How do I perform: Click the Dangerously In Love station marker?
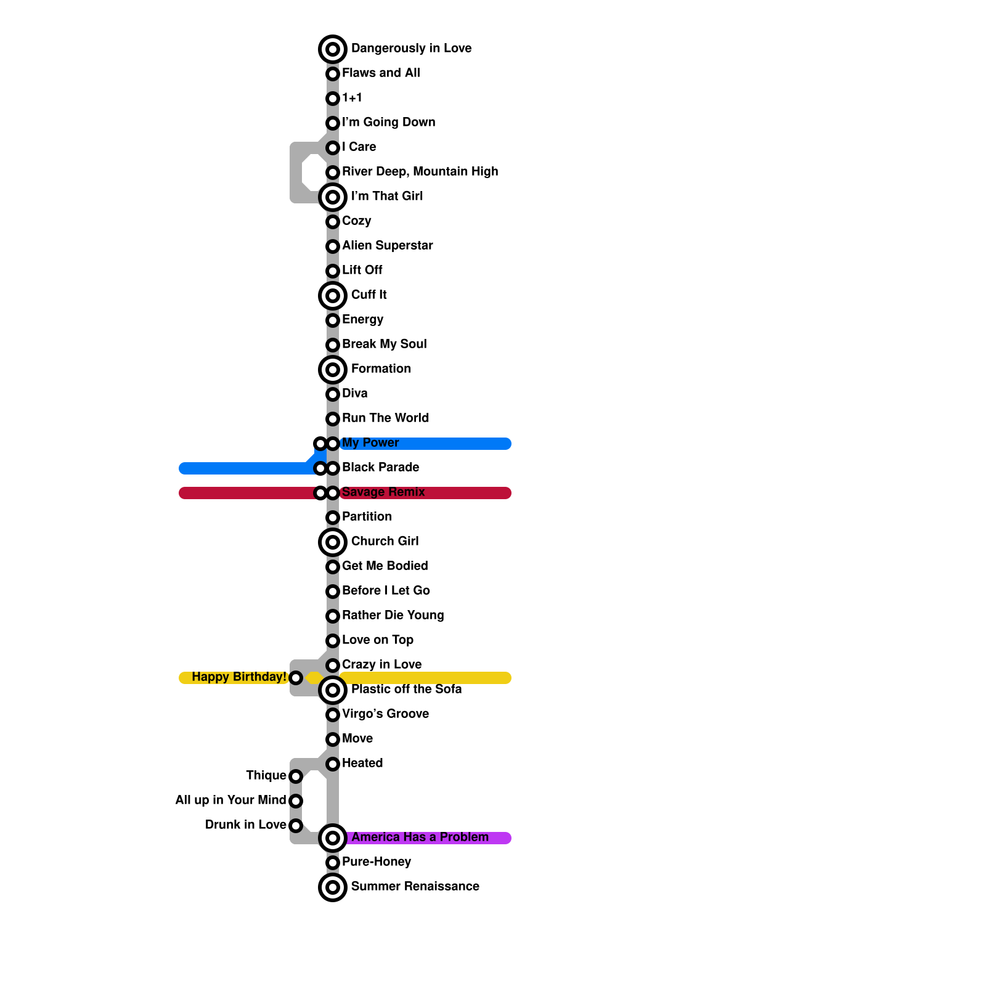click(x=333, y=49)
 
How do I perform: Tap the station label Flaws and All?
click(x=381, y=73)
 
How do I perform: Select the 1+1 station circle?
click(x=333, y=99)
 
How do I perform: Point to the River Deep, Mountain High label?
click(x=420, y=172)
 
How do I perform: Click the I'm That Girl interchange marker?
click(x=333, y=197)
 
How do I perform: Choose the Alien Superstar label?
click(x=387, y=246)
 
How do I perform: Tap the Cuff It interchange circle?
click(x=333, y=296)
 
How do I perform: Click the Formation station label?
click(x=381, y=369)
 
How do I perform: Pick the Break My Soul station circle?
click(x=333, y=345)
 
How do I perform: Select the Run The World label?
click(x=385, y=418)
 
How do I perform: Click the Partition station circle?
click(x=333, y=518)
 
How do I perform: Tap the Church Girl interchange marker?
click(x=333, y=542)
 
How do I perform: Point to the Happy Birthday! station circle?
click(x=296, y=678)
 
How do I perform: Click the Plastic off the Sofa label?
click(x=406, y=690)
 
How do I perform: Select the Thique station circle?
click(x=296, y=776)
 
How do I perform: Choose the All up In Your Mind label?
click(x=230, y=801)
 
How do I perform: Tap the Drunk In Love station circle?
click(x=296, y=826)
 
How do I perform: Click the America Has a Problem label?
click(x=420, y=837)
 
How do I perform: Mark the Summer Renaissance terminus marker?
click(x=333, y=887)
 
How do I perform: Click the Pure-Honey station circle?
click(x=333, y=863)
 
